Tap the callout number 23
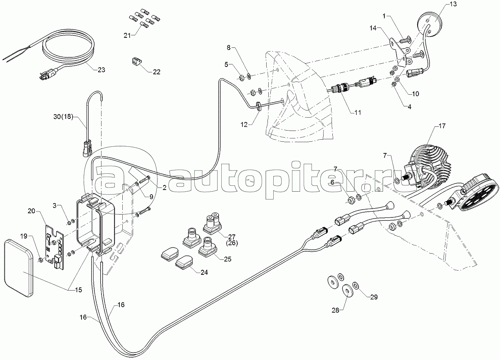[x=101, y=70]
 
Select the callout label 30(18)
[x=63, y=118]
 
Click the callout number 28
[x=336, y=310]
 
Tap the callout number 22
[x=156, y=72]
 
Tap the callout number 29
[x=374, y=297]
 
